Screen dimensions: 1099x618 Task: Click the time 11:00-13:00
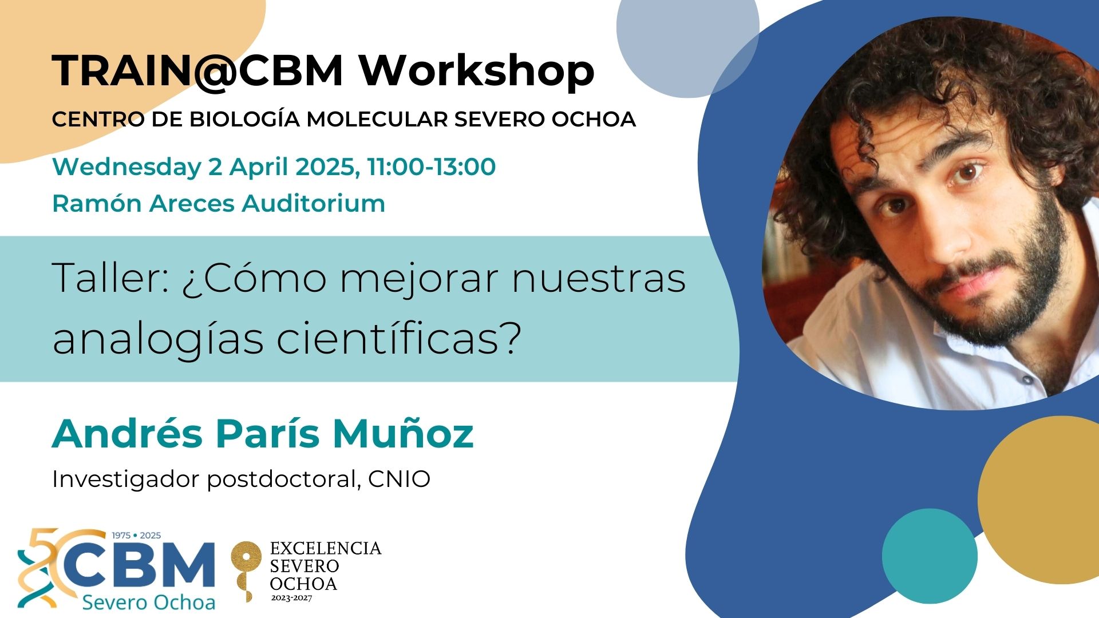(432, 167)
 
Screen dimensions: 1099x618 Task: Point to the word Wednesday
(126, 167)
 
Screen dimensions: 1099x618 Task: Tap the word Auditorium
(313, 203)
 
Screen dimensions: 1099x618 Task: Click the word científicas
(399, 338)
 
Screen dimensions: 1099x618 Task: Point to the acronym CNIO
(399, 479)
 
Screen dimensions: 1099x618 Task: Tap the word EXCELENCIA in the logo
(326, 548)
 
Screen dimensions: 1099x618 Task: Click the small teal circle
(930, 556)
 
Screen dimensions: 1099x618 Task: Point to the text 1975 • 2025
(136, 536)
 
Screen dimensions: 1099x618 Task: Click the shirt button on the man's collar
(1027, 379)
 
